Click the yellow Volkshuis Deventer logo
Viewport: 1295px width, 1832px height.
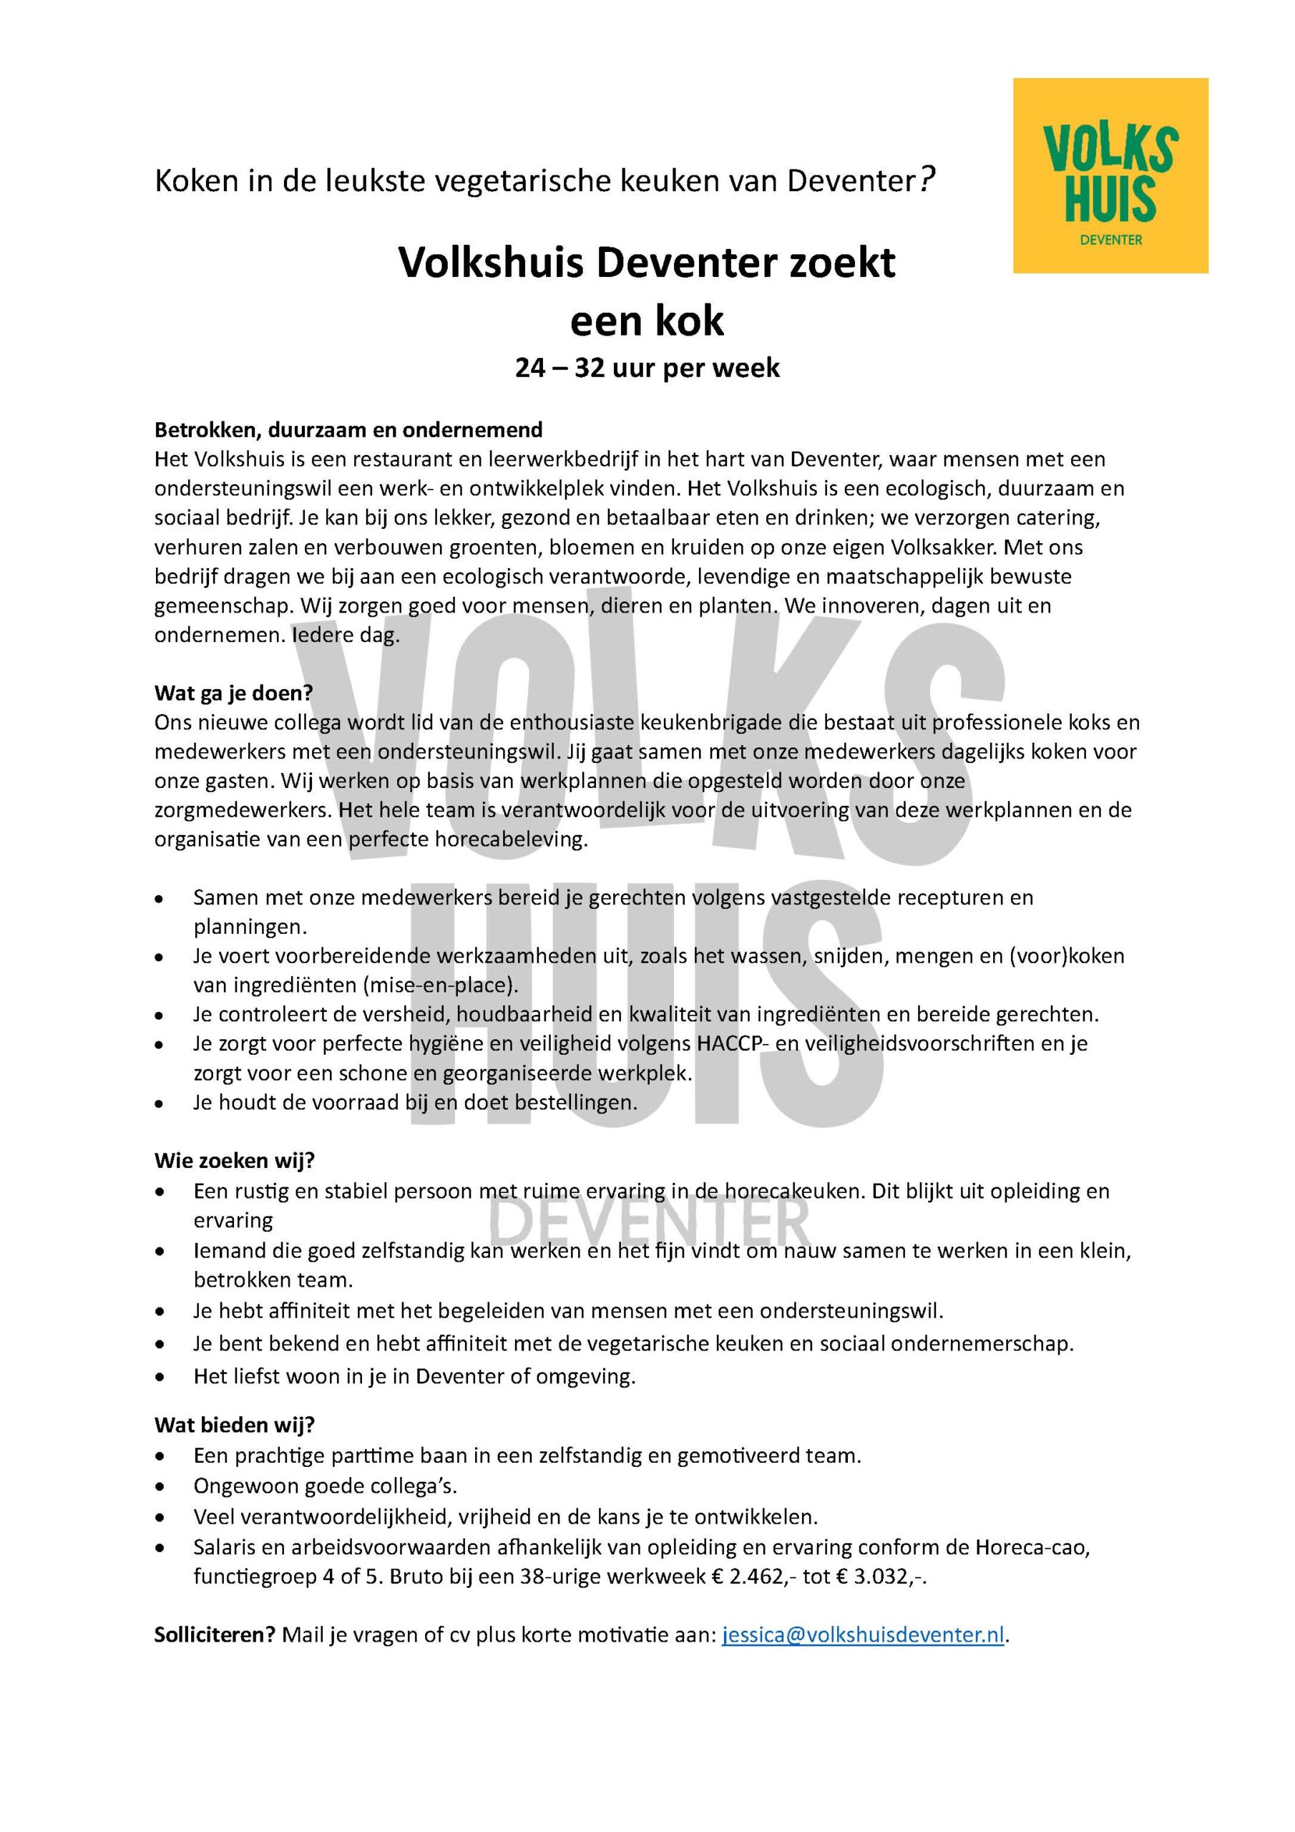[x=1110, y=175]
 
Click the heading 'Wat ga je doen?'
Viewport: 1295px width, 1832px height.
[x=233, y=693]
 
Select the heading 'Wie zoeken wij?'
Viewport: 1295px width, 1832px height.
[x=235, y=1160]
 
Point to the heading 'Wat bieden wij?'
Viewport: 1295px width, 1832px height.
[x=235, y=1424]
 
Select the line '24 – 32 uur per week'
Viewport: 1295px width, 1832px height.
[x=647, y=369]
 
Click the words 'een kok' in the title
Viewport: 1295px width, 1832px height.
[x=647, y=321]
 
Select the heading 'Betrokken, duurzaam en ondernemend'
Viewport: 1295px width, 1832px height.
[x=348, y=430]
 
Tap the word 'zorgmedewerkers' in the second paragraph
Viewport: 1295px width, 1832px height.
[x=243, y=811]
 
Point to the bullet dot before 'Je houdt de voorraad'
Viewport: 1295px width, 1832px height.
[x=161, y=1104]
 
